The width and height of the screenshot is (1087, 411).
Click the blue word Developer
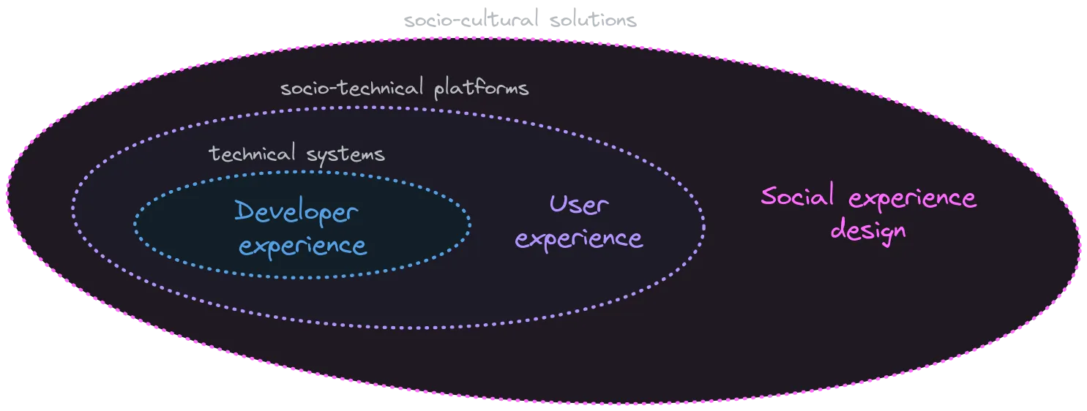(296, 213)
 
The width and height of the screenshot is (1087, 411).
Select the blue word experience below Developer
(303, 246)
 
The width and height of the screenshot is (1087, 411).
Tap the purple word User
(578, 205)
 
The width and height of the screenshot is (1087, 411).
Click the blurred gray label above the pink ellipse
(520, 20)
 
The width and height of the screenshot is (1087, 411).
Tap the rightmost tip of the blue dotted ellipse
(470, 225)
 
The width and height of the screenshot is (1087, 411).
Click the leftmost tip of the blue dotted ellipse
(135, 225)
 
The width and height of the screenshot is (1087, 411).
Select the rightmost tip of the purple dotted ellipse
(704, 223)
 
